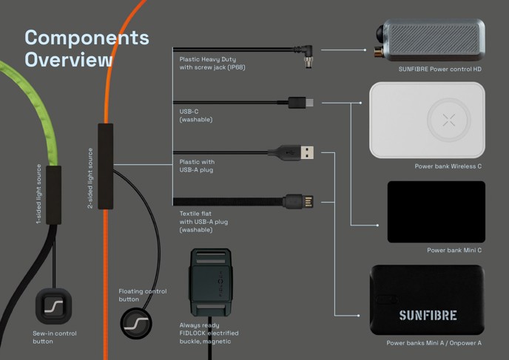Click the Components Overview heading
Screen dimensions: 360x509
pos(87,49)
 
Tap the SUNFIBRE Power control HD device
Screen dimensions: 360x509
pos(430,41)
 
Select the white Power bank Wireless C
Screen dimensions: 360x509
pos(428,119)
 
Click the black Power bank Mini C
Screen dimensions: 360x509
pos(436,211)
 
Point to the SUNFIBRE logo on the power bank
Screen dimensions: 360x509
pos(428,315)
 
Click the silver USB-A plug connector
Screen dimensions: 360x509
pos(311,152)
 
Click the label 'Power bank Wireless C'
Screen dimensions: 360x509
pos(448,166)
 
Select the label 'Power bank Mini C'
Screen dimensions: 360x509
pos(454,250)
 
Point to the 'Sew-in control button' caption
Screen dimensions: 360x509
pos(54,337)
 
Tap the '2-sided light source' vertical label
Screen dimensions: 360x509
pos(90,177)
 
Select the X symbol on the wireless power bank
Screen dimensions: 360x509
pos(448,120)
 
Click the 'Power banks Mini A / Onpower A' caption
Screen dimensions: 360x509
pos(434,343)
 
